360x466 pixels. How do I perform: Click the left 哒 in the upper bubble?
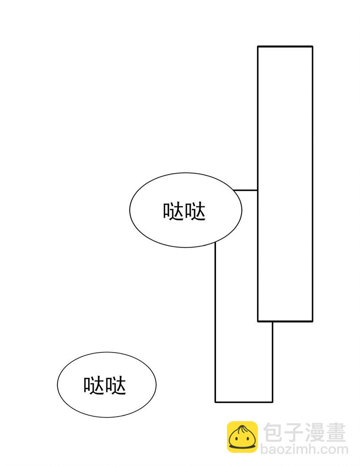(173, 211)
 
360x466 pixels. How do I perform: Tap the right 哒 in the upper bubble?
(195, 211)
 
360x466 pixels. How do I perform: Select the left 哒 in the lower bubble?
(94, 385)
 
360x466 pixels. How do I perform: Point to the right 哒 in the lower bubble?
(115, 385)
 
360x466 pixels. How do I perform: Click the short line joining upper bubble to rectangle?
(245, 190)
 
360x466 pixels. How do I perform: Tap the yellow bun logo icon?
(242, 436)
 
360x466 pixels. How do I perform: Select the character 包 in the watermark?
(273, 433)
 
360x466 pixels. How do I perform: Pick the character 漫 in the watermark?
(315, 433)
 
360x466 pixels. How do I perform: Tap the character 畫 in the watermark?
(335, 433)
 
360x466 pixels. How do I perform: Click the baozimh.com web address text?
(304, 449)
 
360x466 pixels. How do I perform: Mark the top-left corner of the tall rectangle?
(258, 47)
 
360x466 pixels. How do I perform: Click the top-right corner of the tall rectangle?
(313, 47)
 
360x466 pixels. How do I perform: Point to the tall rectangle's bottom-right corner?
(313, 321)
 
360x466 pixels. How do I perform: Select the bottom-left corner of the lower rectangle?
(215, 402)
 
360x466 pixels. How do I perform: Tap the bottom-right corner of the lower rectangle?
(272, 402)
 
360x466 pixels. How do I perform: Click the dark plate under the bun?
(242, 447)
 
